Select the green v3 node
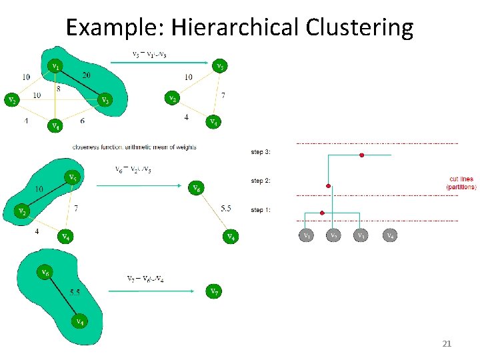click(x=103, y=101)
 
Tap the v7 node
click(x=213, y=291)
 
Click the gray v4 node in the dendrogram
click(x=390, y=235)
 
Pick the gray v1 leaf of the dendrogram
click(x=305, y=235)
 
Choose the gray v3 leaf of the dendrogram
click(x=361, y=235)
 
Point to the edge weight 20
click(x=87, y=75)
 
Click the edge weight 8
click(x=59, y=88)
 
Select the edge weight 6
click(x=81, y=121)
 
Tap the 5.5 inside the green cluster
click(x=75, y=293)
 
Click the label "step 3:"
click(x=261, y=152)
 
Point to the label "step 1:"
click(x=261, y=210)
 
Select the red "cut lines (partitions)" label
click(x=461, y=183)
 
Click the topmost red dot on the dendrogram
click(x=361, y=155)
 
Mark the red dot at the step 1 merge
click(x=322, y=213)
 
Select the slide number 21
click(x=447, y=344)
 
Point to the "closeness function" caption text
click(x=134, y=147)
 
